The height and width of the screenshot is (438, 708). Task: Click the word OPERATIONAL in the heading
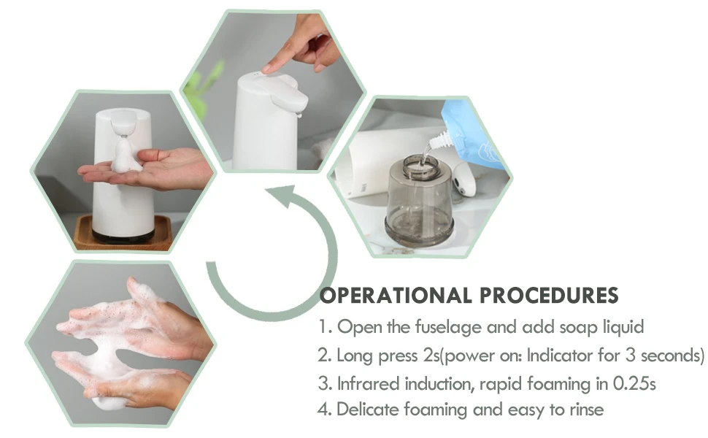(396, 296)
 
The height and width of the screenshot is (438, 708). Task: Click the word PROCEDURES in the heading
(549, 296)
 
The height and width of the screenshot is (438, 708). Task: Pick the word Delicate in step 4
(368, 410)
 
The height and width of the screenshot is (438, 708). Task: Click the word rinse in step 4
(587, 410)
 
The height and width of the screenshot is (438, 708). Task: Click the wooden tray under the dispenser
(123, 234)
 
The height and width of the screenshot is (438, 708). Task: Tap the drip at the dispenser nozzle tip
(299, 115)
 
